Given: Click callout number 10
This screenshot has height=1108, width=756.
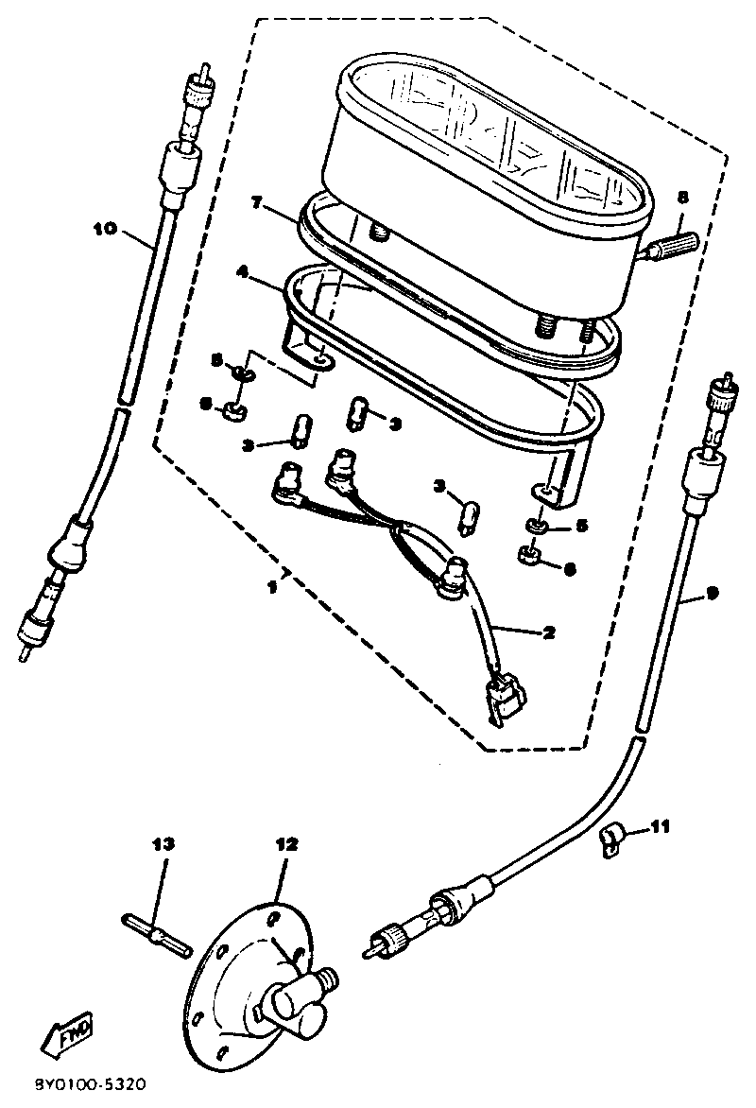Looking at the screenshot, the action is [x=105, y=228].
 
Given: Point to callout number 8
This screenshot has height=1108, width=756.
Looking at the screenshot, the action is [x=683, y=197].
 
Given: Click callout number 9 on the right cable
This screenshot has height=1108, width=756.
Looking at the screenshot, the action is [x=712, y=594].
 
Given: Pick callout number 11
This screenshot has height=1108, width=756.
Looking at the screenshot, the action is [x=660, y=827].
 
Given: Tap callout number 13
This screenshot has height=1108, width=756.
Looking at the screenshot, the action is [x=163, y=843].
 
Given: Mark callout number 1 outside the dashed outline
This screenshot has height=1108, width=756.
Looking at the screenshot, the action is [x=272, y=587].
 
